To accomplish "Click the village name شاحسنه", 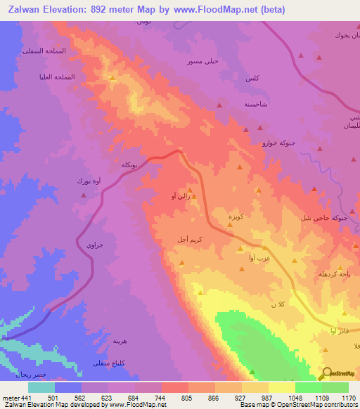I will click(x=255, y=103).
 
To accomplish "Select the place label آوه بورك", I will click(x=89, y=181).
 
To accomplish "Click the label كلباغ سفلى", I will click(x=110, y=363).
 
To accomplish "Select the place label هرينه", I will click(x=121, y=340).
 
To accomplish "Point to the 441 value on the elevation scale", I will click(x=25, y=398).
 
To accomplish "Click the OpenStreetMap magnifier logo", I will click(x=326, y=373).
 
